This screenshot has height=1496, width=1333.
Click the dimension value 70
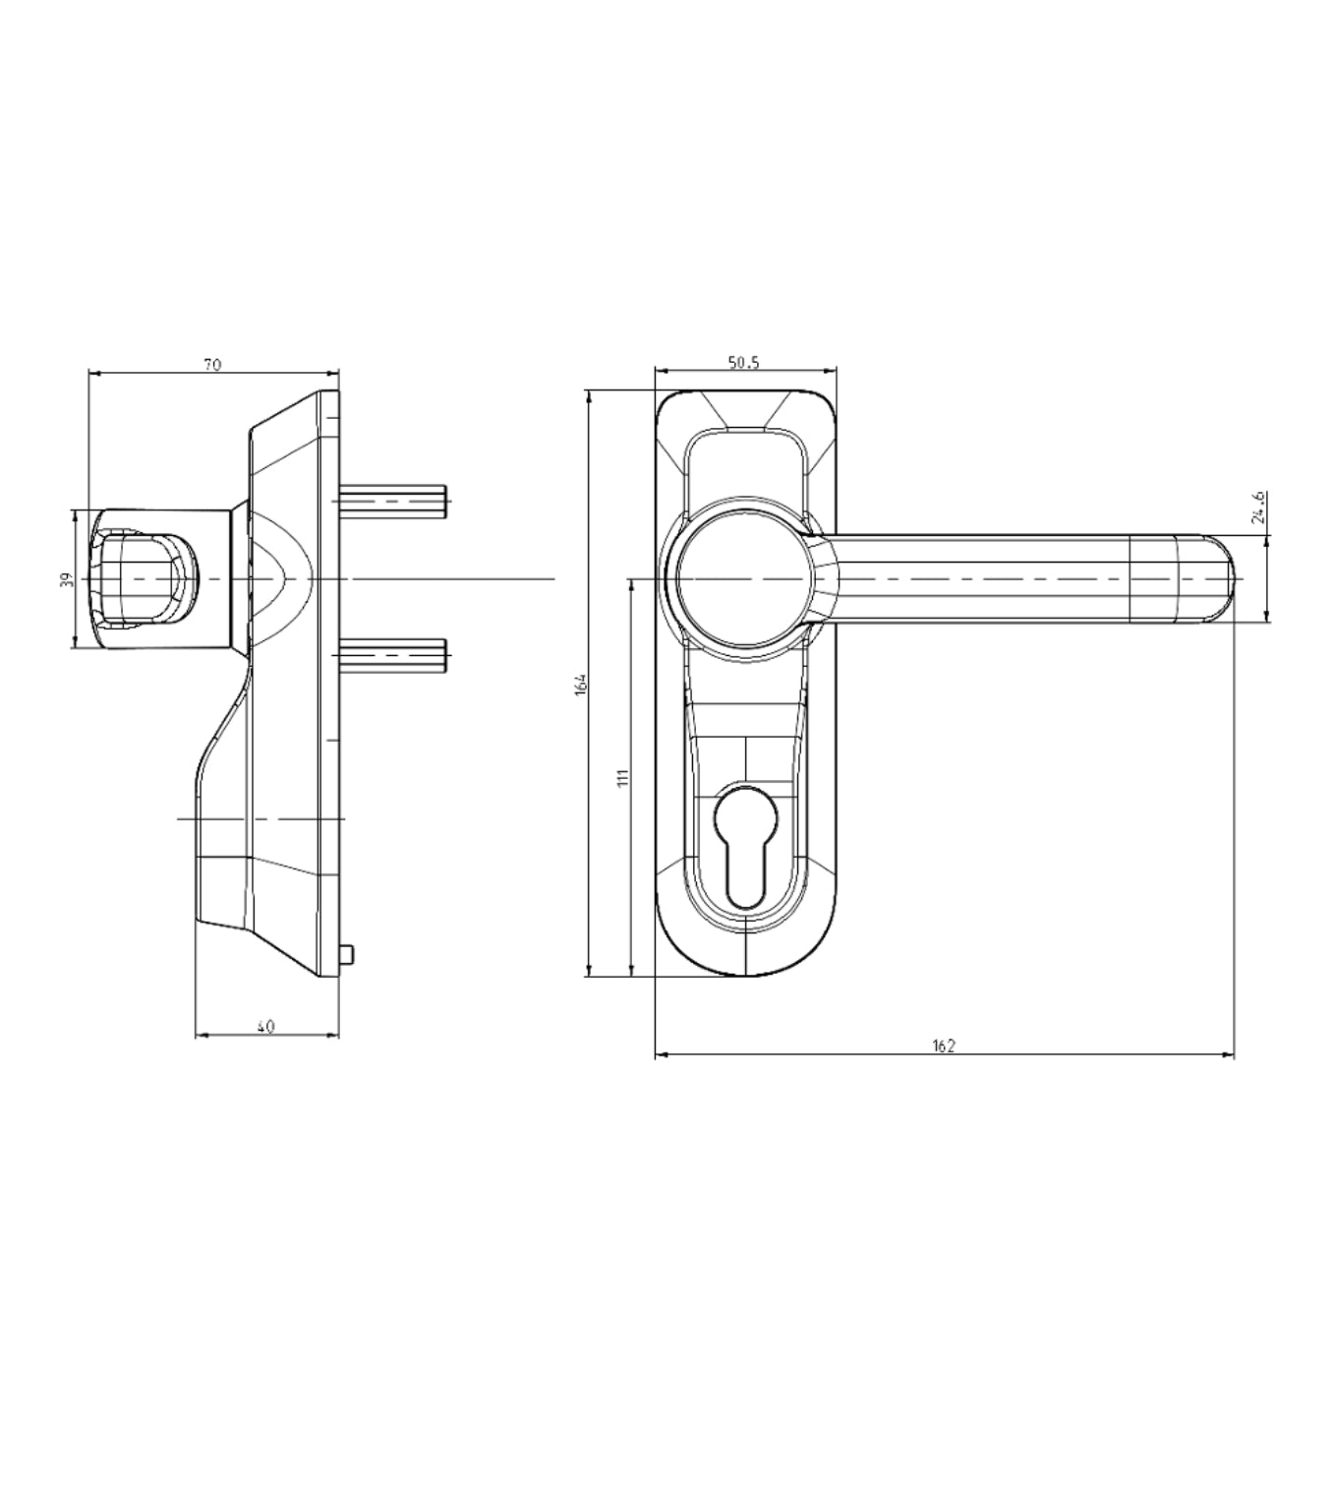pos(212,365)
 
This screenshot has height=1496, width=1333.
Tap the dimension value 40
pos(265,1027)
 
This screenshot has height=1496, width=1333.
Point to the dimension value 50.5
pos(744,363)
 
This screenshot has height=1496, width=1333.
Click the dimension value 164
pos(581,684)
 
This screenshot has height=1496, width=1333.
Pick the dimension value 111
pos(621,777)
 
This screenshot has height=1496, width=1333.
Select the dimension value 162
pos(944,1047)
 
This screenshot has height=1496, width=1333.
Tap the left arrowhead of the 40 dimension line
pos(201,1035)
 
